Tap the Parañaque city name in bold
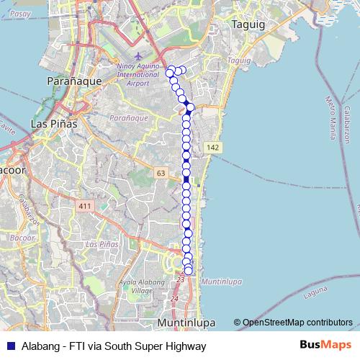(x=73, y=81)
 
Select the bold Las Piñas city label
(x=54, y=124)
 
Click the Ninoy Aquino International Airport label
(x=138, y=74)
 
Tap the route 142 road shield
(x=212, y=147)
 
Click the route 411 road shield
(x=86, y=207)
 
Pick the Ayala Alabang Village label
(x=146, y=287)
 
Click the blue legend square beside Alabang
(x=11, y=346)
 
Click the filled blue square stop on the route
(x=186, y=179)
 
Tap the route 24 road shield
(x=174, y=298)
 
